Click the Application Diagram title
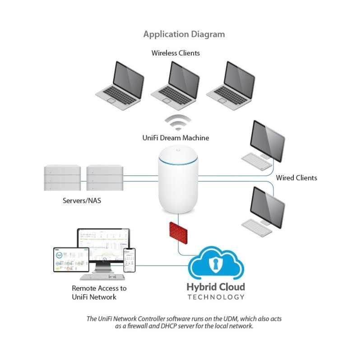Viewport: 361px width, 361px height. click(184, 34)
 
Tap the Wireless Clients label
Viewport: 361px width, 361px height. click(176, 53)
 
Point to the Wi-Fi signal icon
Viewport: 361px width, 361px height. click(177, 123)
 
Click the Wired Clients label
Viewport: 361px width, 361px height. click(296, 178)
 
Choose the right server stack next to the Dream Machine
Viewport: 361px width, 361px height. click(104, 180)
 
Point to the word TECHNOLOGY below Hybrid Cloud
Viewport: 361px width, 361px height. click(216, 297)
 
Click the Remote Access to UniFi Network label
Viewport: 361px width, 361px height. click(99, 292)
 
